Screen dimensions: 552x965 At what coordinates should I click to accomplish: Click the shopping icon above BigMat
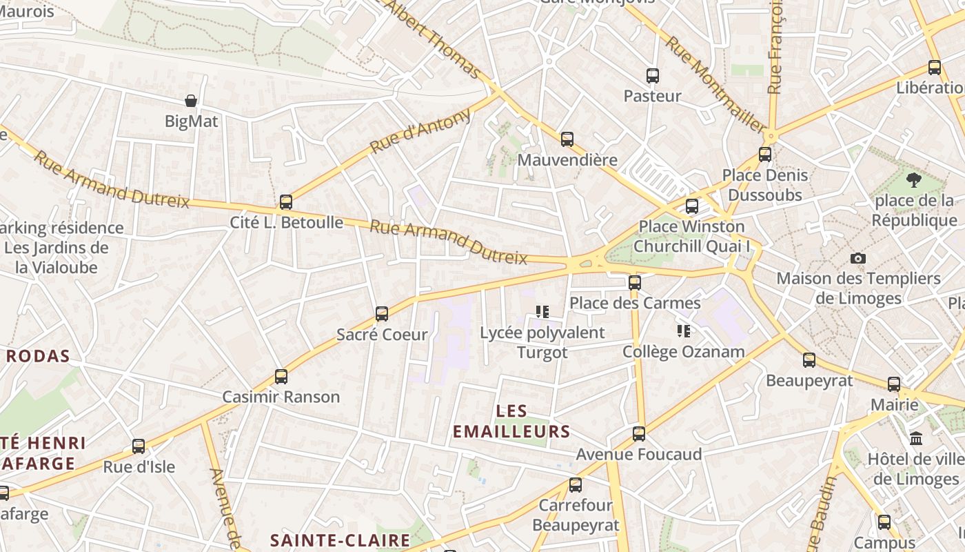(191, 101)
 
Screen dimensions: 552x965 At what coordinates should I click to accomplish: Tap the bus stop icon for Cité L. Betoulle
(286, 202)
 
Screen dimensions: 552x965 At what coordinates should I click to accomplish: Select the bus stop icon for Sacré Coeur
(382, 314)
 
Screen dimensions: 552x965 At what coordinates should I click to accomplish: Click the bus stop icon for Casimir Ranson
(281, 377)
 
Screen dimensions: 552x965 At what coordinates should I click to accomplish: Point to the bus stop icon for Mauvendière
(567, 139)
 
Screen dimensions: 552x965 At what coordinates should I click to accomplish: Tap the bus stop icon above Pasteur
(653, 76)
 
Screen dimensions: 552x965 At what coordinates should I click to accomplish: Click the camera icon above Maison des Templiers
(858, 258)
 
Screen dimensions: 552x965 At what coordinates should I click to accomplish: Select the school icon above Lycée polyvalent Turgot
(542, 312)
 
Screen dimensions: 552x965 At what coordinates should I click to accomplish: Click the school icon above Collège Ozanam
(684, 331)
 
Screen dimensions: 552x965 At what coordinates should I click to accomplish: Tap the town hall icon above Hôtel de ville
(917, 439)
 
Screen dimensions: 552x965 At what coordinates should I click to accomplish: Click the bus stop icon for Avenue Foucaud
(639, 434)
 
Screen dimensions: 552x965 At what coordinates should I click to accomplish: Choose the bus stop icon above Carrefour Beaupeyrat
(576, 485)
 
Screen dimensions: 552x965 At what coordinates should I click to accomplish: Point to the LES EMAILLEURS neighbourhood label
(511, 422)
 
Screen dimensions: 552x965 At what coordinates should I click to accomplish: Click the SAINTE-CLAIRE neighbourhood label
(340, 540)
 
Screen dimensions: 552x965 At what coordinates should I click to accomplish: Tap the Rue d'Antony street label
(420, 131)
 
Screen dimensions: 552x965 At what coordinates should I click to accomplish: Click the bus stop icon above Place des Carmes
(635, 282)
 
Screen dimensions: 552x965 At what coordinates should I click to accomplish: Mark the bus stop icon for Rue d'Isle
(139, 446)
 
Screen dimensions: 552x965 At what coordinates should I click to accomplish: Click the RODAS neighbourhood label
(39, 356)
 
